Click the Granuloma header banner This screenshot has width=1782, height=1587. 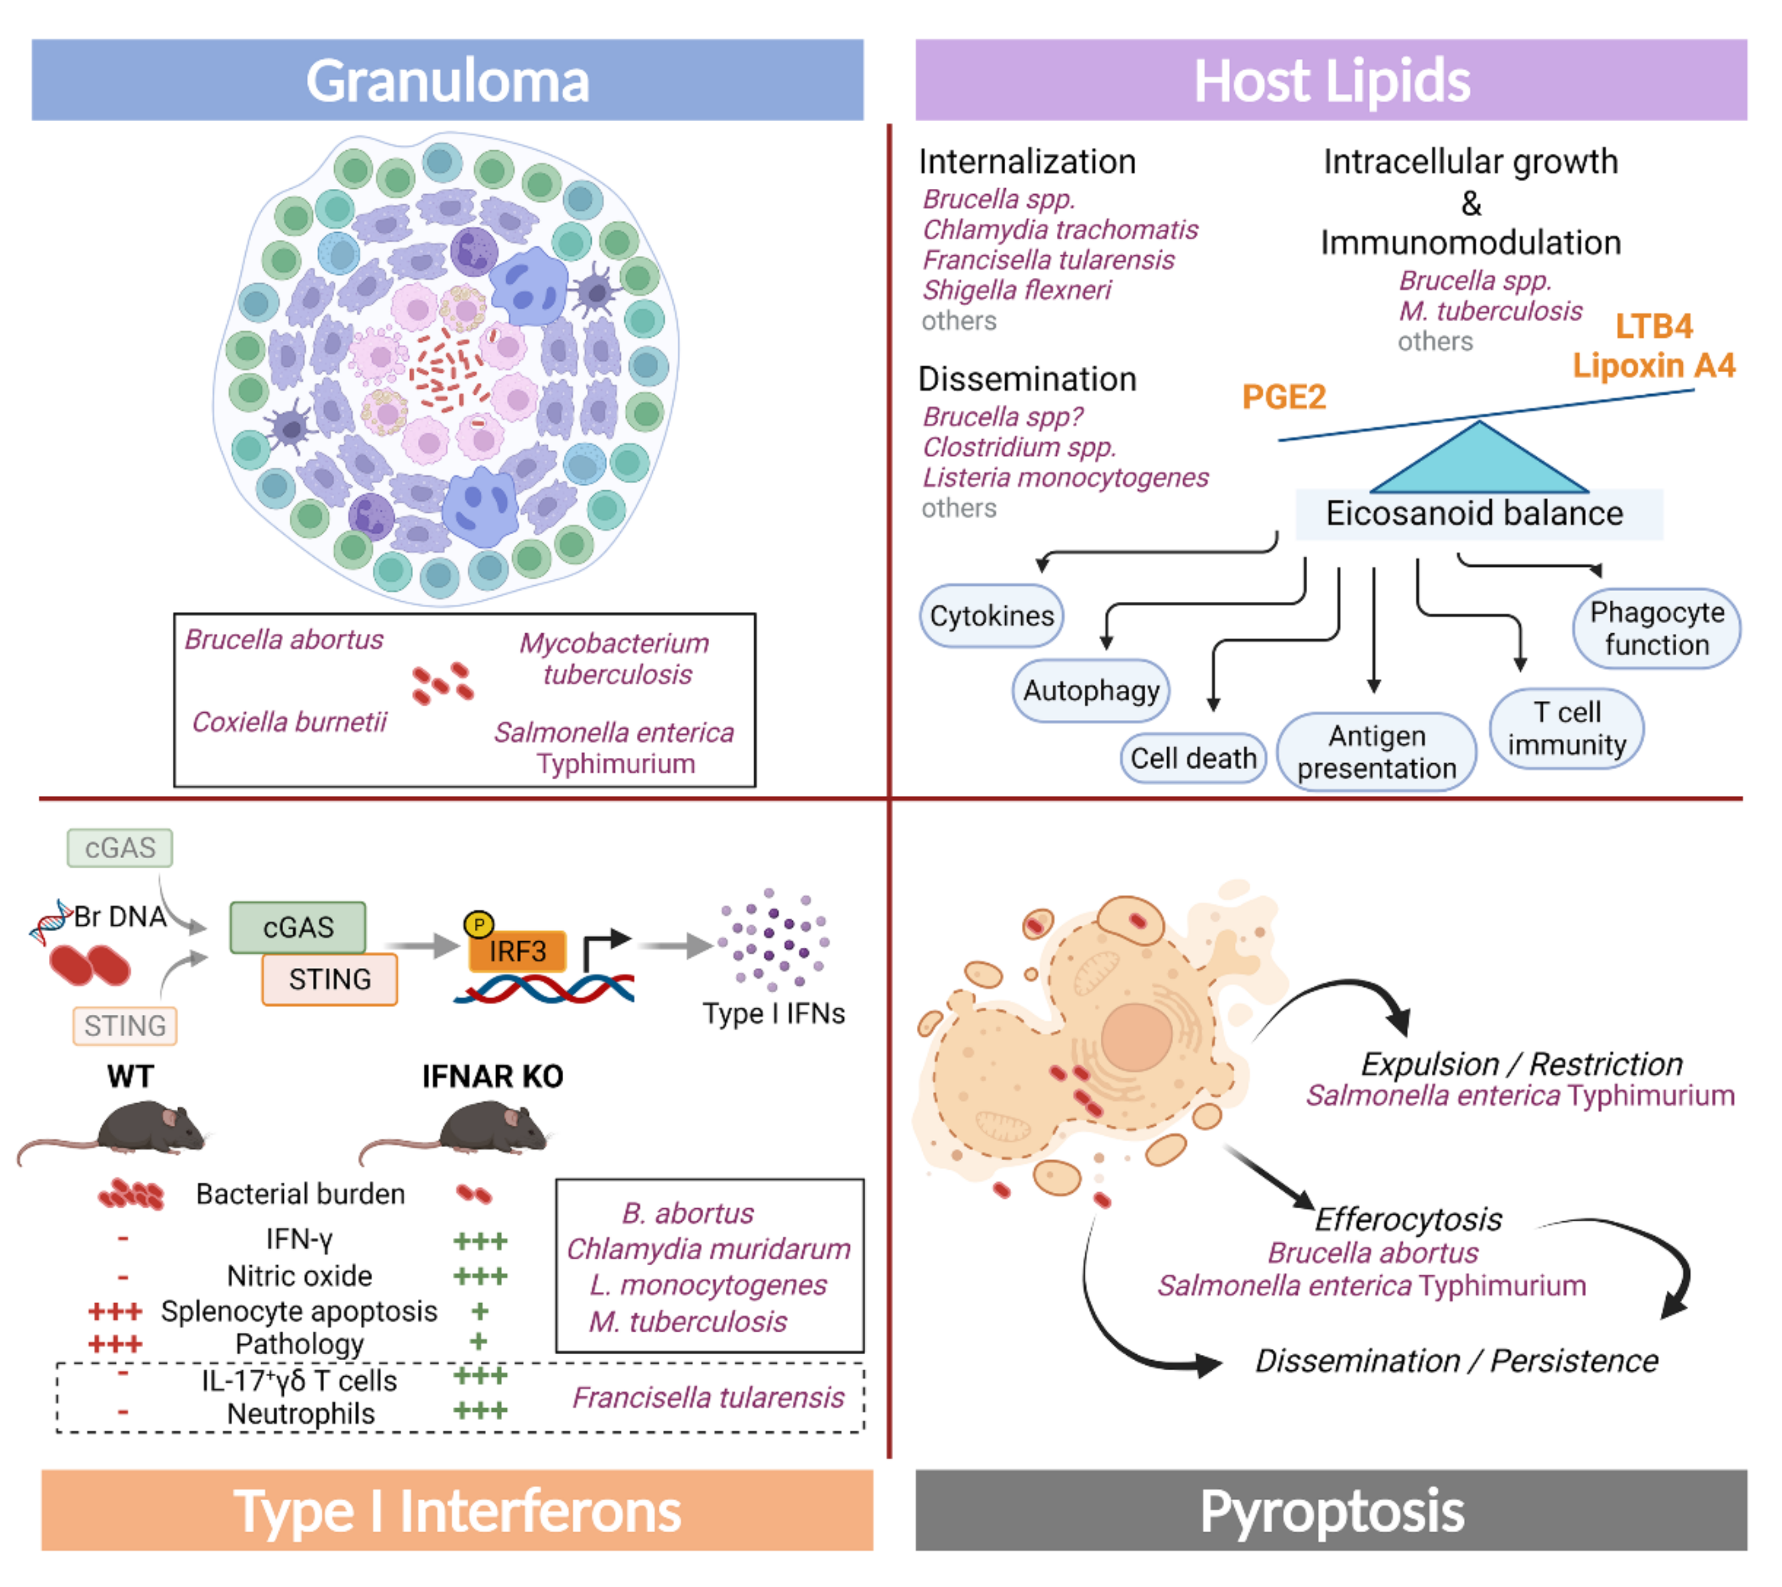(447, 79)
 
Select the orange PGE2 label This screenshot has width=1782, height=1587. (1284, 397)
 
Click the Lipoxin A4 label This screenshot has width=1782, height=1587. (1654, 365)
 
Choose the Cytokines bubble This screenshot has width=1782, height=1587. (992, 616)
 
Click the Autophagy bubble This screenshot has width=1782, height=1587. (1091, 691)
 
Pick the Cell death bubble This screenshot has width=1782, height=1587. (1193, 758)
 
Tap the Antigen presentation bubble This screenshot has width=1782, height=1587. (1376, 751)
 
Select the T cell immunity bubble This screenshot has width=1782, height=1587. (1566, 728)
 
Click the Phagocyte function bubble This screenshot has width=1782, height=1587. (1656, 628)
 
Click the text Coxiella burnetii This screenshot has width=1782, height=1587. (289, 721)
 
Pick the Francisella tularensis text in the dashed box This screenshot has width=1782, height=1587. (708, 1397)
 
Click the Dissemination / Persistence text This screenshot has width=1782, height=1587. (1456, 1360)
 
